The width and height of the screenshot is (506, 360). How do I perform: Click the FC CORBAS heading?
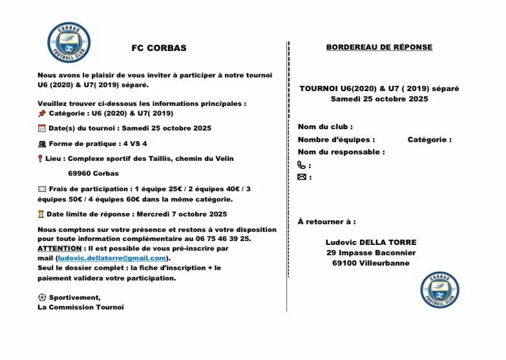click(x=158, y=48)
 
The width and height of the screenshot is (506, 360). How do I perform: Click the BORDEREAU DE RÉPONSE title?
click(x=379, y=47)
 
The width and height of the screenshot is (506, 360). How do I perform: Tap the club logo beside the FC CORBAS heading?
click(x=69, y=43)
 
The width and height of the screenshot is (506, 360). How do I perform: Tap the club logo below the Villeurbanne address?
click(x=440, y=289)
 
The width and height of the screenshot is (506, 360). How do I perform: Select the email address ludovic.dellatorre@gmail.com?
click(x=112, y=258)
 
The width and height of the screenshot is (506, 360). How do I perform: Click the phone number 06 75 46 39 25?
click(x=228, y=238)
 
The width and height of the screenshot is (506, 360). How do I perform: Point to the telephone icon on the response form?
click(x=302, y=165)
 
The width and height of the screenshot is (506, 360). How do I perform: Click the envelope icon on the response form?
click(x=302, y=177)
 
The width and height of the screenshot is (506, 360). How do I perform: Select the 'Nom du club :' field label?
click(x=325, y=127)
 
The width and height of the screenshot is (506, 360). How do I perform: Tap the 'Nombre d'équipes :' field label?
click(x=336, y=140)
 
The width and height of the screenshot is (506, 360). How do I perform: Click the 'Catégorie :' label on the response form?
click(x=429, y=140)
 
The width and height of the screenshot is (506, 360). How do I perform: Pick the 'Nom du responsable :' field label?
click(x=341, y=152)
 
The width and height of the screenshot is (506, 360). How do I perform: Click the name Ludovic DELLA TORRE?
click(x=371, y=242)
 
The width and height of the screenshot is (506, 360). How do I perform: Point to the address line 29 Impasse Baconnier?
click(x=371, y=253)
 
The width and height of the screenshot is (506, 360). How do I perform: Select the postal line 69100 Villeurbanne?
click(x=371, y=263)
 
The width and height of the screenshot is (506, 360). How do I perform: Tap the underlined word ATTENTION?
click(x=59, y=248)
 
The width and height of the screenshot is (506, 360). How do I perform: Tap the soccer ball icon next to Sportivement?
click(x=42, y=297)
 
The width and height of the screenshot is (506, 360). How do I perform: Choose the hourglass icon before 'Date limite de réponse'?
click(x=41, y=214)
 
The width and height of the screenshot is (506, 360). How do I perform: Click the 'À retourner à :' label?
click(x=326, y=222)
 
